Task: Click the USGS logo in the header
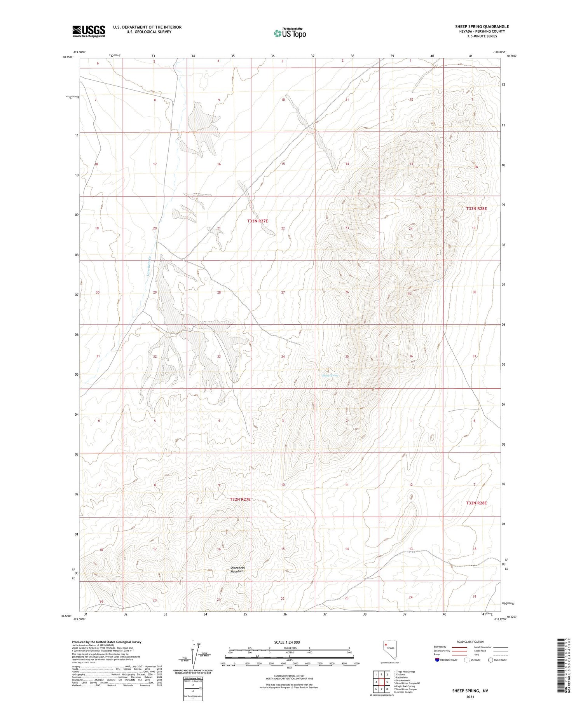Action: tap(89, 31)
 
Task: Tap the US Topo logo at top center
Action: tap(290, 33)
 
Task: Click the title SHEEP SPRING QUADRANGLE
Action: tap(482, 26)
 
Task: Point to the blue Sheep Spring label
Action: tap(330, 375)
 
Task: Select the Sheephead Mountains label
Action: tap(237, 569)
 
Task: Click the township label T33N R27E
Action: tap(258, 221)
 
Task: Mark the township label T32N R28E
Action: tap(476, 503)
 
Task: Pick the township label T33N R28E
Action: tap(476, 209)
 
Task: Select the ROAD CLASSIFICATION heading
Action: tap(470, 642)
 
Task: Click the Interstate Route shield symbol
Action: tap(437, 660)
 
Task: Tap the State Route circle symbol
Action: tap(490, 660)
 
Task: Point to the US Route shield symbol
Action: tap(467, 660)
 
